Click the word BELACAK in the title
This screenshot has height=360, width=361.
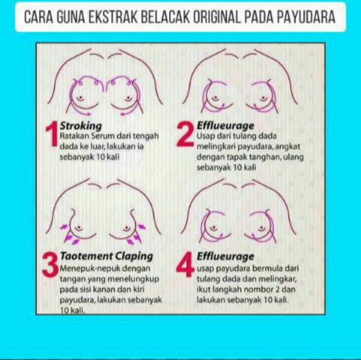[165, 17]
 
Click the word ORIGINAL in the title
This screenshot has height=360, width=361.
[217, 17]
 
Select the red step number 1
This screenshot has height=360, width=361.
[52, 134]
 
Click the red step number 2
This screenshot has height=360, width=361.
[186, 134]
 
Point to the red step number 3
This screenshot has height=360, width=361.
[50, 265]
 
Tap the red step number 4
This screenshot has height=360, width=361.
[185, 265]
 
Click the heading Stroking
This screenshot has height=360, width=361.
[81, 126]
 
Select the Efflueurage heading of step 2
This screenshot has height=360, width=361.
[226, 126]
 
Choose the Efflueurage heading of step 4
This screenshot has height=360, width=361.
[226, 256]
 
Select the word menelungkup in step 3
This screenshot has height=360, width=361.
[134, 279]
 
